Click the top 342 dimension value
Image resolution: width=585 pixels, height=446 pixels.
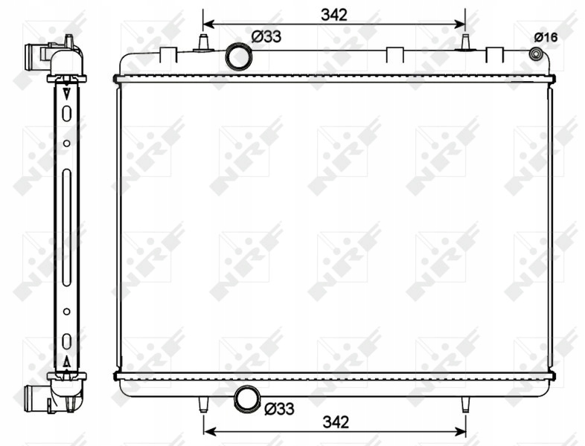click(x=334, y=15)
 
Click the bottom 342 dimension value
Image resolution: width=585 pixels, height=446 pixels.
click(x=336, y=422)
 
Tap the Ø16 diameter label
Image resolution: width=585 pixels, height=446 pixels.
click(x=546, y=37)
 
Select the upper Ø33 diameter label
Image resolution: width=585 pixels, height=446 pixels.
click(x=266, y=37)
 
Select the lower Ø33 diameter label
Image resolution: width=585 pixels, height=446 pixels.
click(x=279, y=409)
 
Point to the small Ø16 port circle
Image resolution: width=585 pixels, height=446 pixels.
click(x=536, y=54)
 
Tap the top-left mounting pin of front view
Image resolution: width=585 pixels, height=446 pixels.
click(x=203, y=42)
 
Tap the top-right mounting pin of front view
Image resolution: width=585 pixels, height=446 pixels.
click(x=466, y=42)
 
